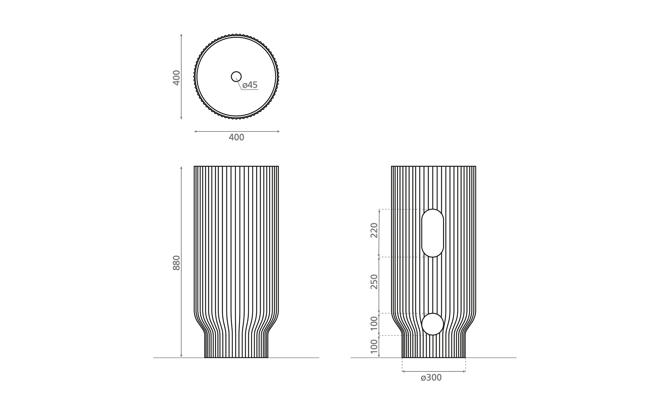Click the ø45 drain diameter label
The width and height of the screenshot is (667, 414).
coord(250,85)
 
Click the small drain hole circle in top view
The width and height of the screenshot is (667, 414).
coord(236,72)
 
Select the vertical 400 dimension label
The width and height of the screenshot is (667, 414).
coord(176,78)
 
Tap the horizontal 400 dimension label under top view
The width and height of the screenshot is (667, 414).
coord(237,137)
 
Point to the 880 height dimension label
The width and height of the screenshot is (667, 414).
coord(176,263)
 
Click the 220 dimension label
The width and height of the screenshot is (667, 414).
coord(374,230)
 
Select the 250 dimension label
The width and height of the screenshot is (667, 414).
coord(374,282)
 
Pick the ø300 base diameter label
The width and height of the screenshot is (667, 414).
coord(431,378)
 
